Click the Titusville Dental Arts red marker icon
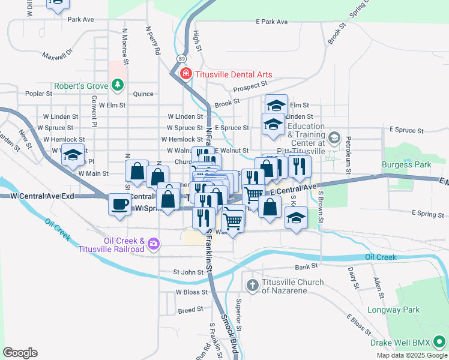(185, 74)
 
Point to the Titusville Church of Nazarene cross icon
(253, 283)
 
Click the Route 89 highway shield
(181, 58)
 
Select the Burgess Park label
(406, 164)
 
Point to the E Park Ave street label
(272, 22)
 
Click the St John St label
(188, 272)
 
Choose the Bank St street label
(306, 266)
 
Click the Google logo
(20, 353)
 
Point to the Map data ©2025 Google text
(412, 355)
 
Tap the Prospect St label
(250, 88)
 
